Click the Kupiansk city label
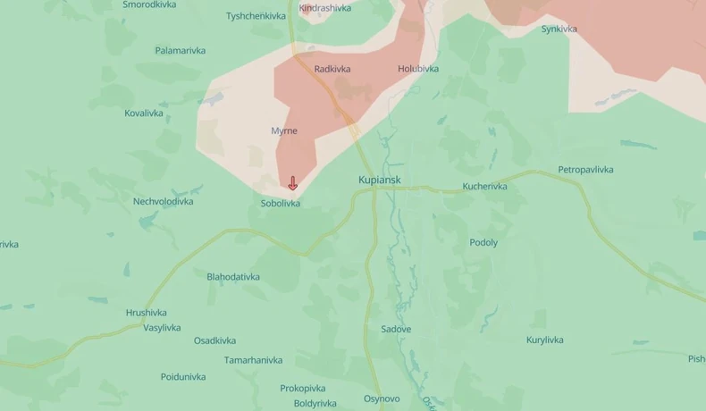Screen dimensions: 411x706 [380, 180]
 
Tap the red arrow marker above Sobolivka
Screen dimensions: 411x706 [292, 183]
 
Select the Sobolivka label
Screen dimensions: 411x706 [281, 204]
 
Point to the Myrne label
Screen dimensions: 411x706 [284, 131]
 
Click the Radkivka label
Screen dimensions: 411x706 [332, 69]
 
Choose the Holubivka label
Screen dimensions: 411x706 [418, 69]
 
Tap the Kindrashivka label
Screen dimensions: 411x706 [325, 8]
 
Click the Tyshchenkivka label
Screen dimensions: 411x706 [256, 16]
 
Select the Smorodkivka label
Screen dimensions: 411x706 [149, 4]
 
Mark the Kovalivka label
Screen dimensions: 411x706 [144, 113]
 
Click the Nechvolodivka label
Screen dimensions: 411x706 [164, 201]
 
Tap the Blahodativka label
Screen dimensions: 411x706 [233, 277]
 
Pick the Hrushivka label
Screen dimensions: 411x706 [147, 313]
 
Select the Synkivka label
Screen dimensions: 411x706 [559, 29]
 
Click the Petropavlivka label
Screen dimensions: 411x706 [586, 170]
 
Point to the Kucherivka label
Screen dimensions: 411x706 [485, 187]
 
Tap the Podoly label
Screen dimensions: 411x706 [483, 242]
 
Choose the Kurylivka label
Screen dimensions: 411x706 [545, 340]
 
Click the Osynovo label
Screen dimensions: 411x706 [382, 398]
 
